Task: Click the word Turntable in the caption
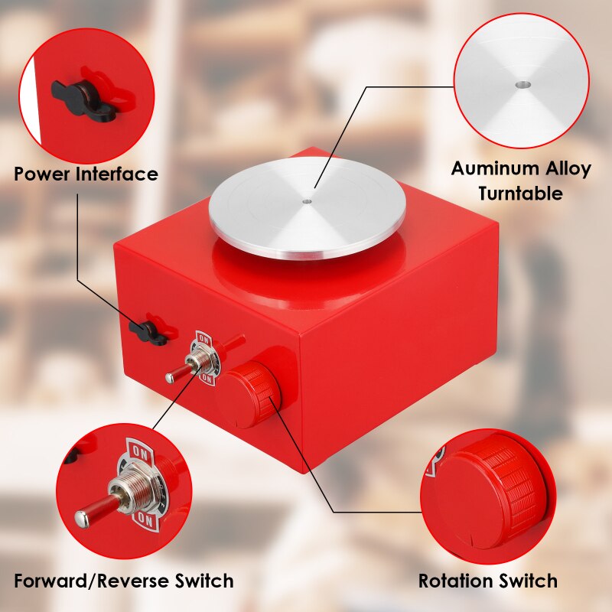click(520, 194)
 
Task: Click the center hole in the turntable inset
click(521, 84)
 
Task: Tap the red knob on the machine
click(246, 395)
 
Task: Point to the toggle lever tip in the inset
click(82, 518)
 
